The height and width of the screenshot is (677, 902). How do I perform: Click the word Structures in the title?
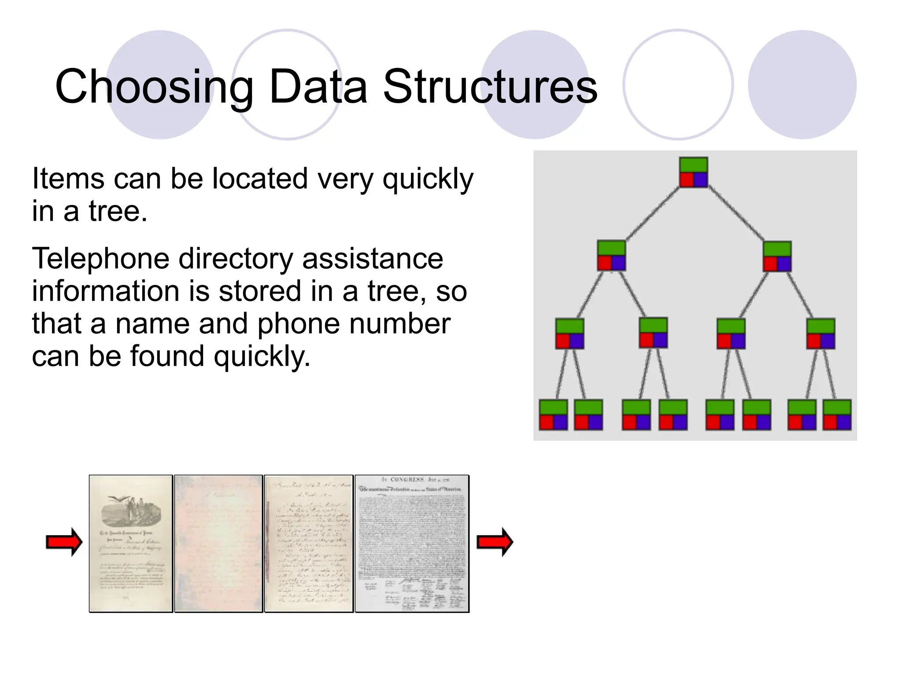[x=490, y=87]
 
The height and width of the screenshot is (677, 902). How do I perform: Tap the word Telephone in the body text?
[x=100, y=259]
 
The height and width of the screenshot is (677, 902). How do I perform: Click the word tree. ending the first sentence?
[x=118, y=211]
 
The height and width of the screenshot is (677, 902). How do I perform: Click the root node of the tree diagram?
[x=693, y=172]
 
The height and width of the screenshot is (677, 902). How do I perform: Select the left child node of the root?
[x=611, y=256]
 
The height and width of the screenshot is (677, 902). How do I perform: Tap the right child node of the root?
[x=777, y=256]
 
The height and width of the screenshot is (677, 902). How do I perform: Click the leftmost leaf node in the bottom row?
[x=553, y=415]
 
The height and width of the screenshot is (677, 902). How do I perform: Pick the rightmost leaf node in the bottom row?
[x=837, y=415]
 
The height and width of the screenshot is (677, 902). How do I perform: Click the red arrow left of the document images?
[x=64, y=542]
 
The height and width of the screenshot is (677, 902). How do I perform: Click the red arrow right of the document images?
[x=495, y=542]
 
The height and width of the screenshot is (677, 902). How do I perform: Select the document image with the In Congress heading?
[x=412, y=543]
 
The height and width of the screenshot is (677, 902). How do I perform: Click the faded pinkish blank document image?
[x=218, y=543]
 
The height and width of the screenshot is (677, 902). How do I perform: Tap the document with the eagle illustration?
[x=131, y=543]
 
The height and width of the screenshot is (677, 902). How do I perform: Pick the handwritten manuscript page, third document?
[x=308, y=543]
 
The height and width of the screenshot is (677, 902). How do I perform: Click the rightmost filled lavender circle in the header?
[x=802, y=85]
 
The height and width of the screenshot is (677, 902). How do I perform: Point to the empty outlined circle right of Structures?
[x=678, y=85]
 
